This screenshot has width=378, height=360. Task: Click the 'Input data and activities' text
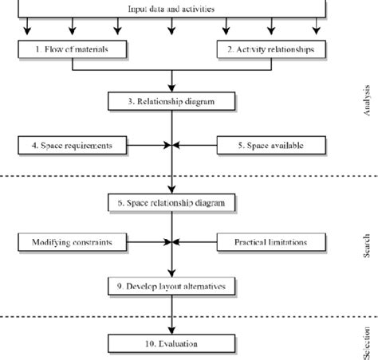pyautogui.click(x=171, y=9)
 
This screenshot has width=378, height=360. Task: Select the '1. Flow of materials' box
pyautogui.click(x=73, y=49)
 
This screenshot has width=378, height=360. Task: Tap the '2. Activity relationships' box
pyautogui.click(x=271, y=49)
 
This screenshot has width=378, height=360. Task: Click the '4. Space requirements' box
pyautogui.click(x=73, y=146)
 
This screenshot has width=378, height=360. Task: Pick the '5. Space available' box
pyautogui.click(x=271, y=146)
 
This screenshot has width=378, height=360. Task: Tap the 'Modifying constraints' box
pyautogui.click(x=73, y=241)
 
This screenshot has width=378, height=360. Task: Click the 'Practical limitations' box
pyautogui.click(x=271, y=241)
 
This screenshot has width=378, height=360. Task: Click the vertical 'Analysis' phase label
pyautogui.click(x=366, y=101)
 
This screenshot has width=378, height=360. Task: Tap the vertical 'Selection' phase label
pyautogui.click(x=366, y=338)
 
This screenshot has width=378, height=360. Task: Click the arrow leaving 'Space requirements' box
pyautogui.click(x=148, y=146)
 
